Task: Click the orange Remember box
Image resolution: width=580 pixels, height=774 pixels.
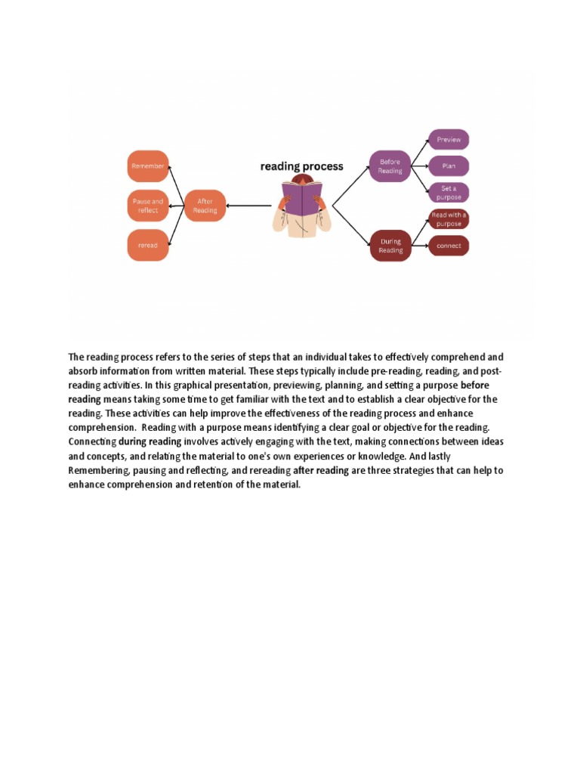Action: [147, 166]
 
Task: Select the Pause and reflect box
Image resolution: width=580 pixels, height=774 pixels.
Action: [147, 206]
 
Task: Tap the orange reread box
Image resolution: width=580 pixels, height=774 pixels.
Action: [147, 246]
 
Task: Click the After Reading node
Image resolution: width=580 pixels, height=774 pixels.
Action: [205, 206]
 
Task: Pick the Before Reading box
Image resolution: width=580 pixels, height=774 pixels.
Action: [390, 166]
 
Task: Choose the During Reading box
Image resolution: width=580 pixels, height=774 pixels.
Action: [390, 246]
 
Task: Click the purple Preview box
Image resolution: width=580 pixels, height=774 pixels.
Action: [449, 139]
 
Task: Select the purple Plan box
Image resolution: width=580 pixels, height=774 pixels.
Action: [449, 166]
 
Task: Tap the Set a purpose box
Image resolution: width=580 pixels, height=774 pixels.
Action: [449, 192]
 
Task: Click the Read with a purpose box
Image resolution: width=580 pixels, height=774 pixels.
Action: [449, 219]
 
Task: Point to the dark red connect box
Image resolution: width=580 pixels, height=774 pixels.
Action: [449, 246]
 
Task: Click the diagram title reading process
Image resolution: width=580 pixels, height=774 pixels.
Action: [301, 166]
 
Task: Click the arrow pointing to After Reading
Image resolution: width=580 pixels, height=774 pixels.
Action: [248, 206]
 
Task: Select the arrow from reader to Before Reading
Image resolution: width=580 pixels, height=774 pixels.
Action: [350, 185]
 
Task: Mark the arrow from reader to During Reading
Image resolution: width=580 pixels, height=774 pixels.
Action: [350, 224]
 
